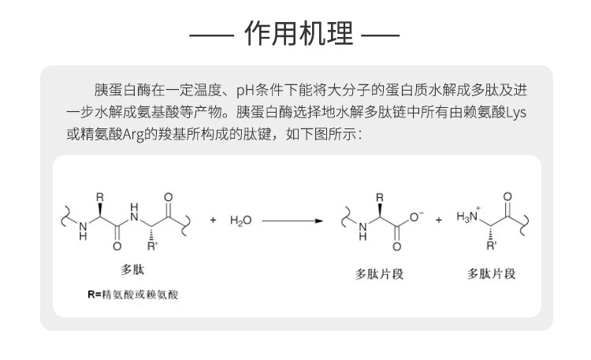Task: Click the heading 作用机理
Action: coord(295,35)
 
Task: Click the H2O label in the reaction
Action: coord(240,221)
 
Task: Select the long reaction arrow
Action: coord(292,221)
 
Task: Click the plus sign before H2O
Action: coord(213,221)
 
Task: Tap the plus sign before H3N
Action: coord(439,221)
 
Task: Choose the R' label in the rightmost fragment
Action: coord(492,247)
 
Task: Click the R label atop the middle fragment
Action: coord(379,197)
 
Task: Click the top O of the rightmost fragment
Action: coord(507,197)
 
